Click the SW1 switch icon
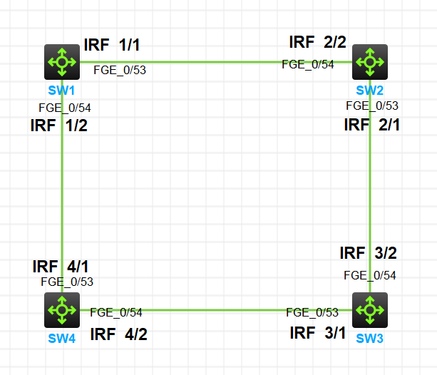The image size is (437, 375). pos(62,62)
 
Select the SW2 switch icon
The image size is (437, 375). pos(370,62)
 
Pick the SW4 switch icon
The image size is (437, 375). pos(62,309)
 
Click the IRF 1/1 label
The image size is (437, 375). pos(112,45)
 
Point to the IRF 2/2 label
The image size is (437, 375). pos(317,42)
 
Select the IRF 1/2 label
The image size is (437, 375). pos(59,126)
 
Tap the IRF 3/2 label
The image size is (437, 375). pos(368,253)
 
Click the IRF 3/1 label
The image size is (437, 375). pos(318,332)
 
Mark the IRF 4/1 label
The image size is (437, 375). pos(61,267)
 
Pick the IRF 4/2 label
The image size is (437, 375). pos(118,334)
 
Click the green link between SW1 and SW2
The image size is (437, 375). pos(214,62)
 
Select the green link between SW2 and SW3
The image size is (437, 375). pos(371,185)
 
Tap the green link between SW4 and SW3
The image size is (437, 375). pos(214,310)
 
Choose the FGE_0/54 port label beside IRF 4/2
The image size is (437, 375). pos(116,312)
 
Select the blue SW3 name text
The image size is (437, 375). pos(369,338)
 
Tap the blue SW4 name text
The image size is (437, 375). pos(62,338)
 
